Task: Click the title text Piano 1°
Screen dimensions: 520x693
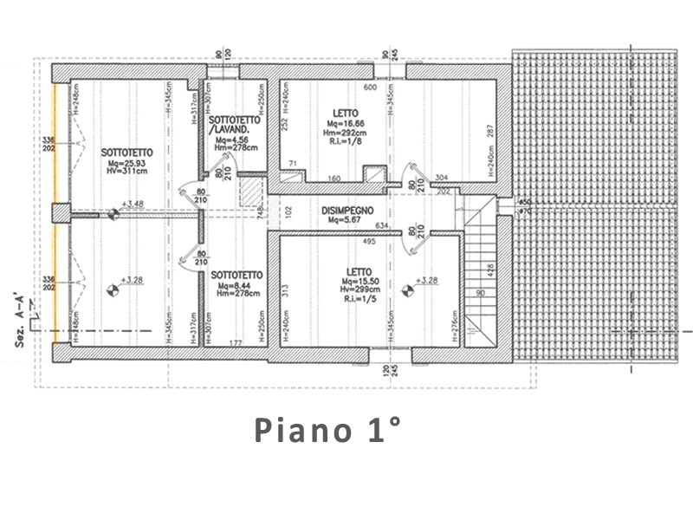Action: (x=327, y=429)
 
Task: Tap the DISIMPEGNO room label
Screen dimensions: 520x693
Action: (x=346, y=211)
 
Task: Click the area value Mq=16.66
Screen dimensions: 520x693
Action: (x=345, y=124)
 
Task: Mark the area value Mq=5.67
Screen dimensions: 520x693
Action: (x=345, y=220)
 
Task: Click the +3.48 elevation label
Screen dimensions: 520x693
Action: (x=133, y=205)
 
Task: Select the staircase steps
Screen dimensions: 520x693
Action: (x=483, y=269)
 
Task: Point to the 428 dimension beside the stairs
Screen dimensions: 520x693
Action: (x=491, y=271)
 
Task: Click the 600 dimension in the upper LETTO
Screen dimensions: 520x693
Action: (x=368, y=88)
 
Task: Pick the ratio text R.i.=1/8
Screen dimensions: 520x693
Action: (x=345, y=141)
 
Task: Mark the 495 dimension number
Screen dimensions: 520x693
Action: (x=368, y=241)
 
